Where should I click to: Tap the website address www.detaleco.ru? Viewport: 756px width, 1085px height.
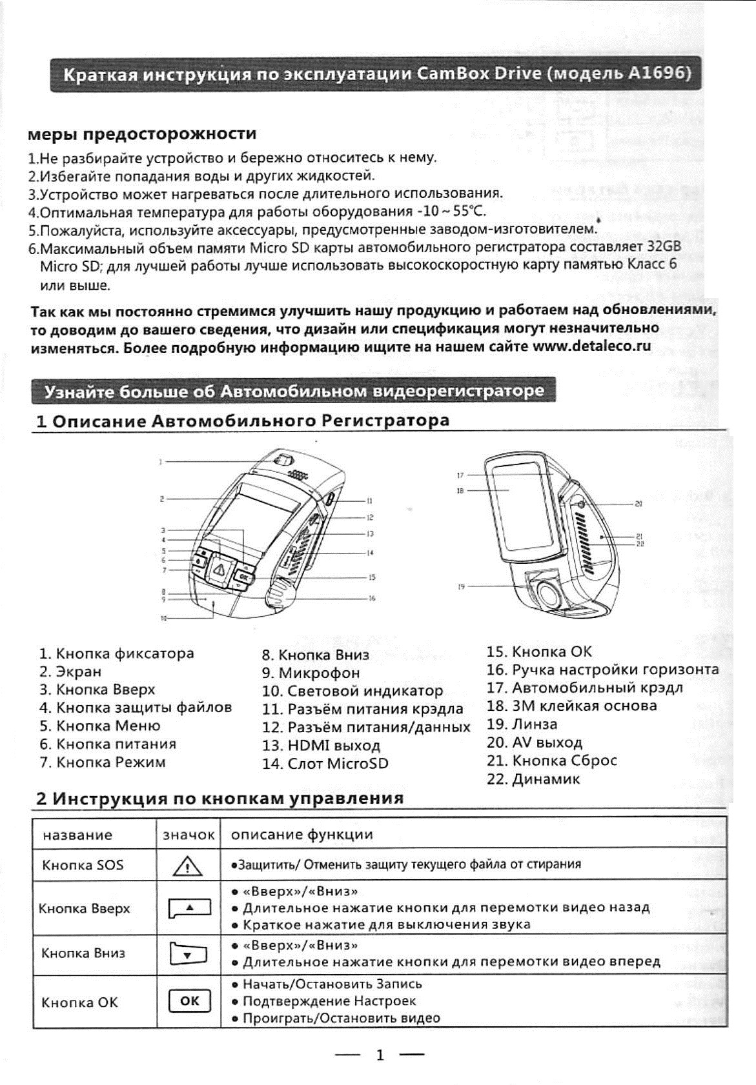pyautogui.click(x=591, y=346)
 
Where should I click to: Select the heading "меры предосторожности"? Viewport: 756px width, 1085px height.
pyautogui.click(x=142, y=134)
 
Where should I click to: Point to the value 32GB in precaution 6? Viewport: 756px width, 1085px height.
pyautogui.click(x=664, y=246)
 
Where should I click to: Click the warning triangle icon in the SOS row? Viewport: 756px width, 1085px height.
pyautogui.click(x=188, y=865)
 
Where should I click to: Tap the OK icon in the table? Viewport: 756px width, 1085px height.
pyautogui.click(x=189, y=1001)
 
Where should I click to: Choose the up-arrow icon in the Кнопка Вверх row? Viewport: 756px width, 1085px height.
pyautogui.click(x=189, y=908)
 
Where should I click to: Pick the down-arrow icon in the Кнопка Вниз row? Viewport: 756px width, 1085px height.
pyautogui.click(x=188, y=953)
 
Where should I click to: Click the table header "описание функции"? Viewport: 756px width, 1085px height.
pyautogui.click(x=302, y=835)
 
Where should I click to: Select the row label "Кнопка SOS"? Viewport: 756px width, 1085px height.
pyautogui.click(x=83, y=865)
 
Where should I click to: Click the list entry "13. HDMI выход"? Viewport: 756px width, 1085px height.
pyautogui.click(x=322, y=746)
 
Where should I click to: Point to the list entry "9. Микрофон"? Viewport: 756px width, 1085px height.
pyautogui.click(x=311, y=673)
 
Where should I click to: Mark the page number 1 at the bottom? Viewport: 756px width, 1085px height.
pyautogui.click(x=380, y=1055)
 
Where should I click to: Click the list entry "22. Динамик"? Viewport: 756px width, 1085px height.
pyautogui.click(x=533, y=779)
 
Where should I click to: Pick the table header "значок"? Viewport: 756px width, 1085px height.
pyautogui.click(x=188, y=835)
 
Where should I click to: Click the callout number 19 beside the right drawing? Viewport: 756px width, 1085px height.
pyautogui.click(x=461, y=587)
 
